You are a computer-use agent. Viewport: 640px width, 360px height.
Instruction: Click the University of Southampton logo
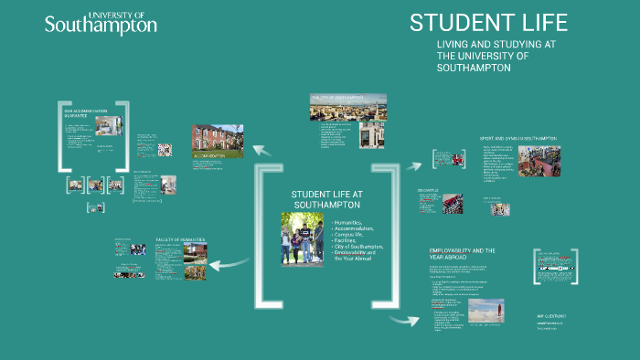click(101, 23)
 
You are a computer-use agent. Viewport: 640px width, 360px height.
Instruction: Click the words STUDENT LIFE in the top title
click(488, 23)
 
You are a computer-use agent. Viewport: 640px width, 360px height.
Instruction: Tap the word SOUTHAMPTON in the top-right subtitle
click(475, 68)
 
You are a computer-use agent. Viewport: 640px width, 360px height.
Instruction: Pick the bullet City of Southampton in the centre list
click(360, 247)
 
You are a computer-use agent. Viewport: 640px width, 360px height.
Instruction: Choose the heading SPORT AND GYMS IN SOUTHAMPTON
click(517, 139)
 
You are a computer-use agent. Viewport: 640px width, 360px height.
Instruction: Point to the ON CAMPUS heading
click(429, 191)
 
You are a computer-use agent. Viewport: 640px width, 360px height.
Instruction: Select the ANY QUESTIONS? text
click(552, 317)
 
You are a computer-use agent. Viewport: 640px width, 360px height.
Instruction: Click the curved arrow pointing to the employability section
click(402, 320)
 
